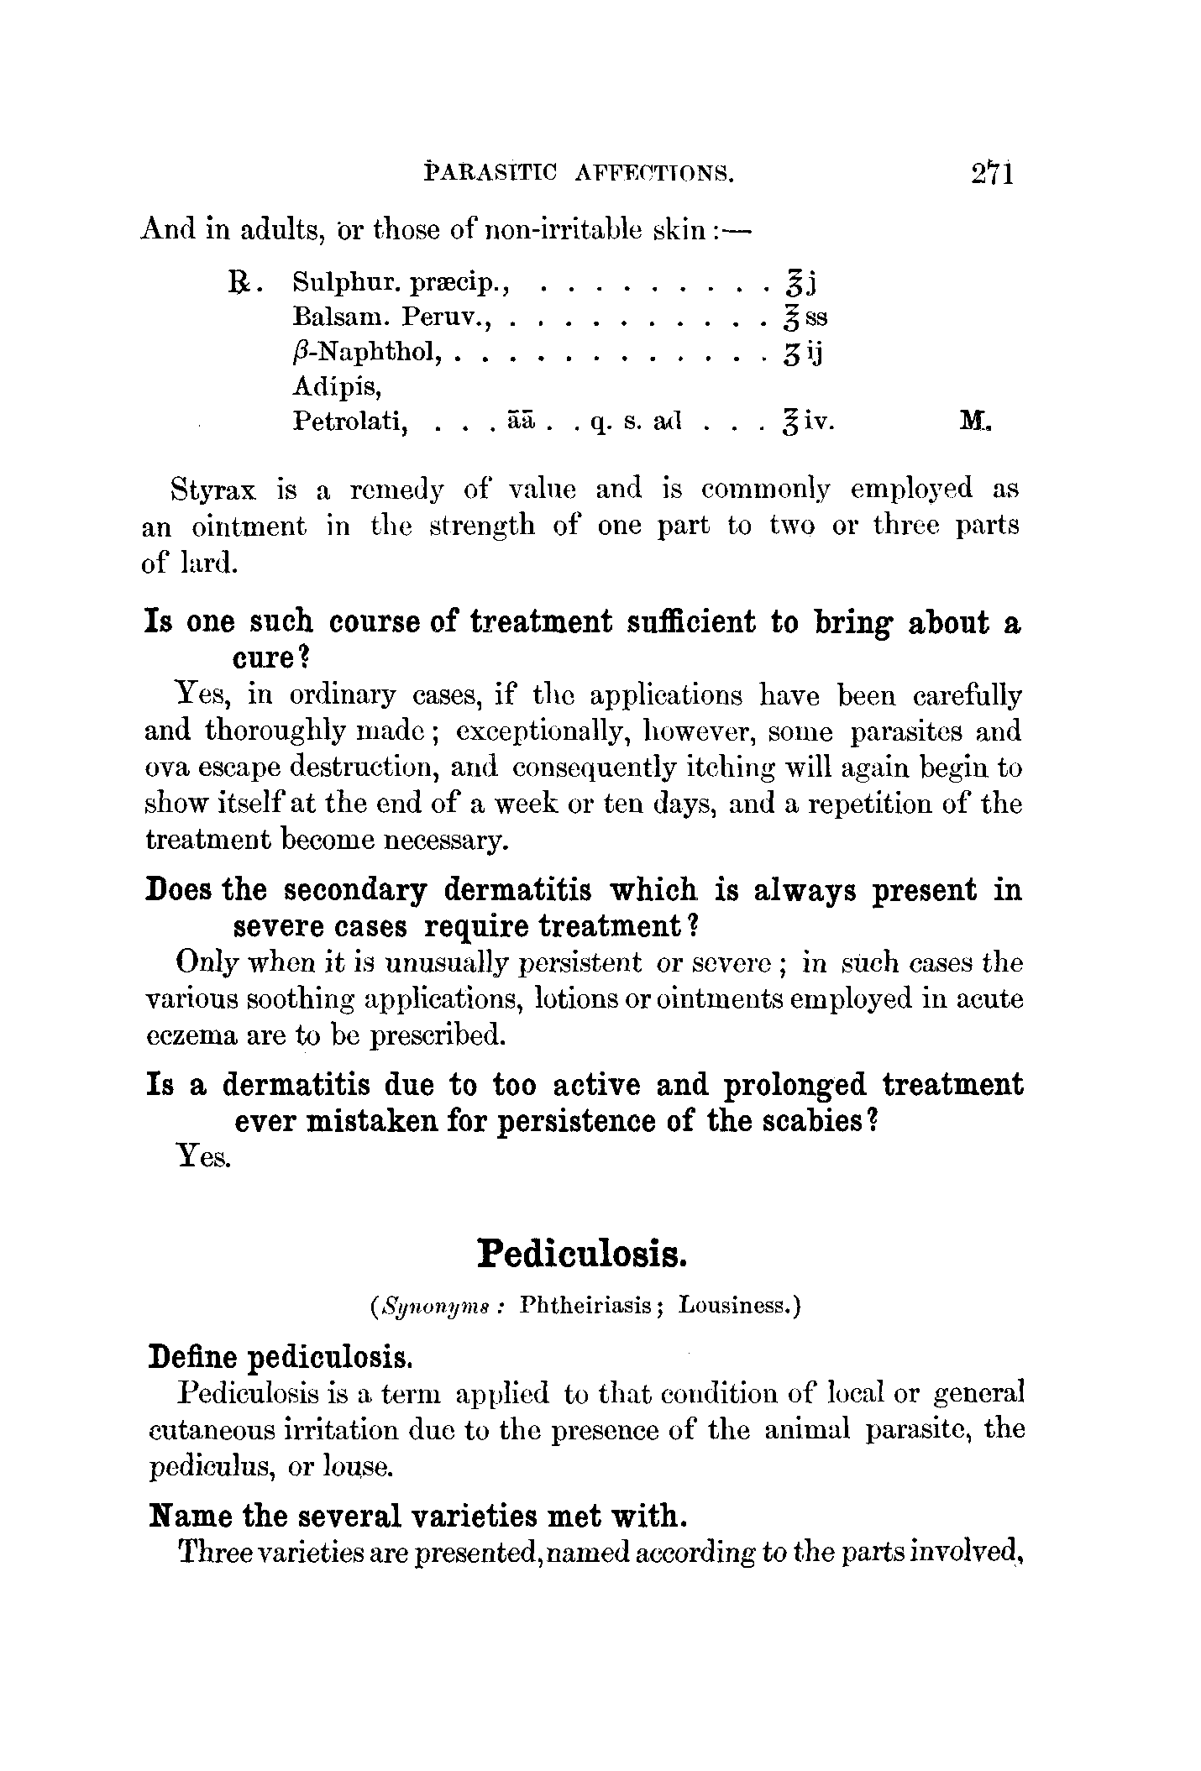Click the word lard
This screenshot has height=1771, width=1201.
point(205,563)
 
